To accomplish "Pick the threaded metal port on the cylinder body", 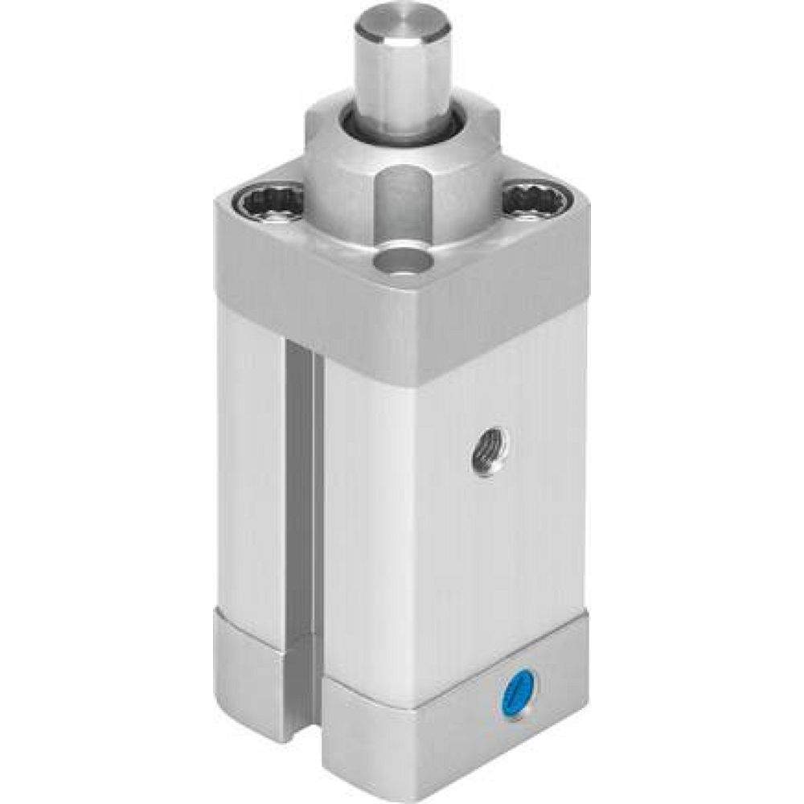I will [x=487, y=450].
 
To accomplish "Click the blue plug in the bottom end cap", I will [x=520, y=688].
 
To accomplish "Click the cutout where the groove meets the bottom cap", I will [x=304, y=683].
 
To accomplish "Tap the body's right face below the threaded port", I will [x=482, y=563].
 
